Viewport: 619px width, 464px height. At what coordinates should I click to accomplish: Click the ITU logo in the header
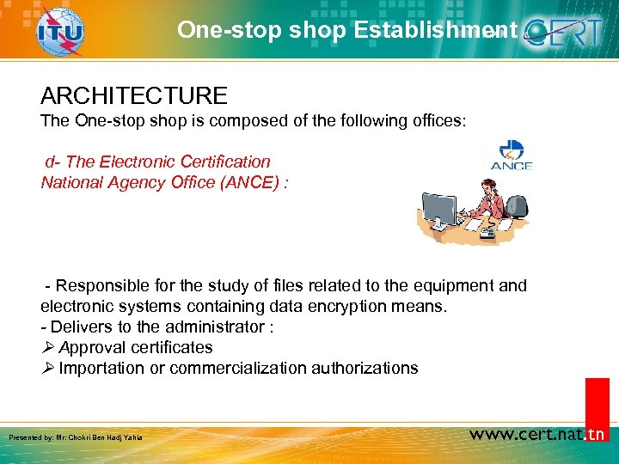pos(59,32)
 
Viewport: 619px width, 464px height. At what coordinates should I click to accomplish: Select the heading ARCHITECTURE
pos(133,95)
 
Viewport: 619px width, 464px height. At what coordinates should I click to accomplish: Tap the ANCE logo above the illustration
pos(512,156)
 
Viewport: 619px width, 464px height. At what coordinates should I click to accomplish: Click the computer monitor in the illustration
pos(439,210)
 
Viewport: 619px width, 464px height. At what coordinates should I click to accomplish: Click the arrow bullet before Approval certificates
pos(47,348)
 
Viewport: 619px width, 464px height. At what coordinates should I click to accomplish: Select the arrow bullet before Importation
pos(47,369)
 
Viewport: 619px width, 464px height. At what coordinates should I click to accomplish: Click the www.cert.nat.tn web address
pos(537,434)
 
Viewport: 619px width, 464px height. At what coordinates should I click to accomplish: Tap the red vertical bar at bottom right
pos(597,404)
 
